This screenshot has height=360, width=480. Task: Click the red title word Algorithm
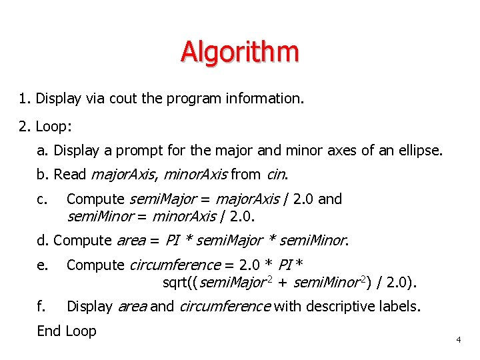tap(239, 51)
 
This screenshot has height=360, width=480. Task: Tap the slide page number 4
tap(459, 341)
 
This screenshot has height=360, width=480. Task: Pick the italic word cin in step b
tap(276, 175)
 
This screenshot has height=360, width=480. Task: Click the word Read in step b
tap(70, 175)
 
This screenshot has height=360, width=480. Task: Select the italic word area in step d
tap(131, 240)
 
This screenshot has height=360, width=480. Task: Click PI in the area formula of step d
tap(173, 240)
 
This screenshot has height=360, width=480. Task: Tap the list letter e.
tap(43, 265)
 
